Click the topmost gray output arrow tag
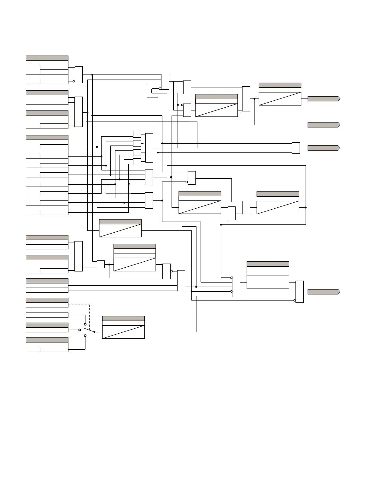tap(324, 99)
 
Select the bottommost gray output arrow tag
tap(324, 292)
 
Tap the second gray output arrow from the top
tap(324, 125)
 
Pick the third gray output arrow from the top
tap(324, 148)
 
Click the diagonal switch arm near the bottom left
tap(89, 330)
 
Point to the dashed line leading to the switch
tap(90, 316)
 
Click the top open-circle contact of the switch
tap(85, 324)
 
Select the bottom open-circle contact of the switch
tap(85, 336)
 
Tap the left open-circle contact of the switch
tap(79, 330)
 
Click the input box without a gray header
tap(47, 315)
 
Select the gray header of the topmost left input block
tap(47, 58)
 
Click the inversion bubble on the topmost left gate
tap(74, 81)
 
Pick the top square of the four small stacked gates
tap(137, 134)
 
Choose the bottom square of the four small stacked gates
tap(137, 162)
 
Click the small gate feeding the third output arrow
tap(296, 148)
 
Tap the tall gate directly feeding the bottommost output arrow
tap(300, 292)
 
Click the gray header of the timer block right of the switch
tap(123, 318)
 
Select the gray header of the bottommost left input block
tap(47, 340)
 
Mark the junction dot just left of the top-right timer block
tap(254, 99)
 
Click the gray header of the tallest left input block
tap(47, 138)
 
